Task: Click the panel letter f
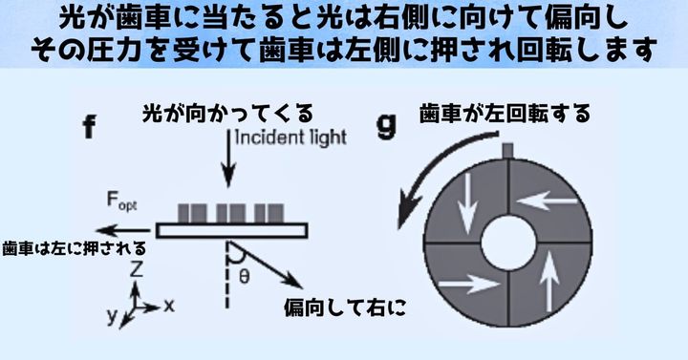coord(89,127)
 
